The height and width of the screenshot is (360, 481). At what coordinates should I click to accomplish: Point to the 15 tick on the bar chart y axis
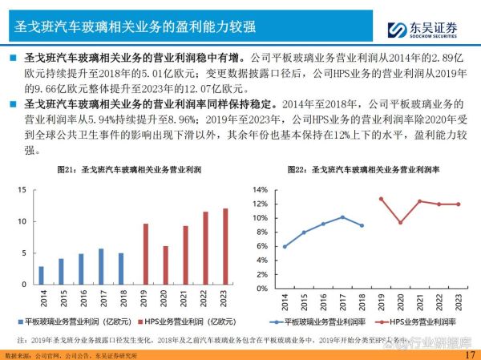[x=22, y=189]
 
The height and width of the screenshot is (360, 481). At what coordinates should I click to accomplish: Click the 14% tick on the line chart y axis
[x=258, y=189]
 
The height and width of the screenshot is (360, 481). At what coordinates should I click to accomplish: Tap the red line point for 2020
[x=400, y=222]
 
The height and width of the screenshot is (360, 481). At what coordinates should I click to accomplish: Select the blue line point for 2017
[x=342, y=217]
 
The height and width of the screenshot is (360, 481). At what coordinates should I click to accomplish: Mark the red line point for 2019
[x=381, y=199]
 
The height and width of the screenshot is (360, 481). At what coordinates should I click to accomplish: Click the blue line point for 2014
[x=285, y=246]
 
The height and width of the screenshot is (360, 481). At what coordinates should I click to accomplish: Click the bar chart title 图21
[x=119, y=170]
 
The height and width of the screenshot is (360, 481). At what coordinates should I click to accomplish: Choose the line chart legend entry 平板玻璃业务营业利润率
[x=317, y=321]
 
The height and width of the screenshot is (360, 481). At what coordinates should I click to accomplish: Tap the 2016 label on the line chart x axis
[x=323, y=301]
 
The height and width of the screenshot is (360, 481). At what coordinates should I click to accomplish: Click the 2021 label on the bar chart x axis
[x=185, y=298]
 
